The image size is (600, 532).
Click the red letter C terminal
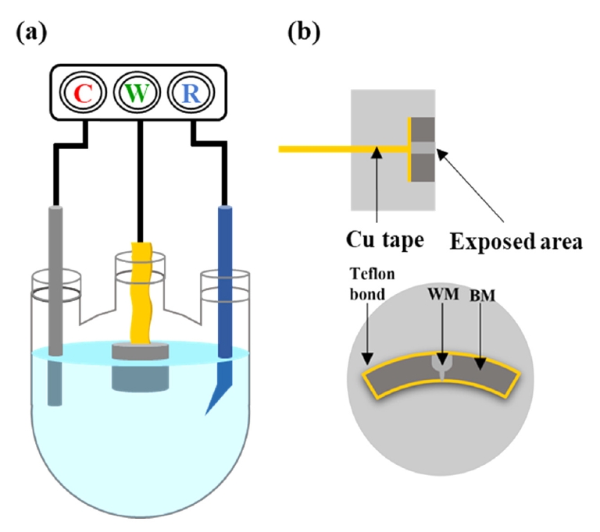(x=83, y=95)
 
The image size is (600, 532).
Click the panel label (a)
(x=30, y=33)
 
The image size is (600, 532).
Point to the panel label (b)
(x=304, y=33)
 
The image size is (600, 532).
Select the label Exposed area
(x=516, y=241)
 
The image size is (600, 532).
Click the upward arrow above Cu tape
(x=377, y=187)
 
